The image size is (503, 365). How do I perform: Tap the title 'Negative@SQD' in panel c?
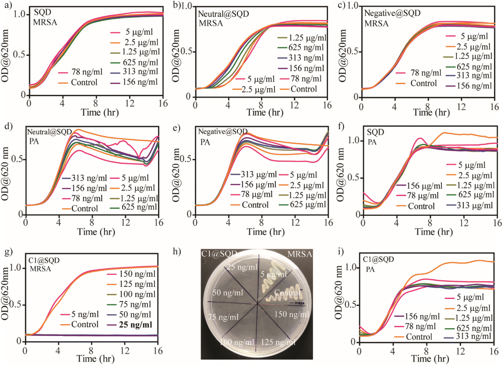tap(392, 13)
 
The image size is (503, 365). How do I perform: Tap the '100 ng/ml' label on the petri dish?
tap(237, 342)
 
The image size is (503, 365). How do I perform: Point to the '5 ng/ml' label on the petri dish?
tap(273, 274)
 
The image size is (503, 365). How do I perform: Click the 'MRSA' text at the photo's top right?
tap(300, 254)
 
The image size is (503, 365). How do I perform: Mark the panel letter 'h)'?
tap(177, 252)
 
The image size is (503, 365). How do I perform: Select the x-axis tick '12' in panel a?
tap(130, 103)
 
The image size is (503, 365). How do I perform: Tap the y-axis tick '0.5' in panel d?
tap(17, 159)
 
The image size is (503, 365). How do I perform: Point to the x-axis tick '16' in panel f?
tap(497, 223)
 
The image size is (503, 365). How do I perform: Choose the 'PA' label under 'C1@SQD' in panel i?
tap(370, 269)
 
